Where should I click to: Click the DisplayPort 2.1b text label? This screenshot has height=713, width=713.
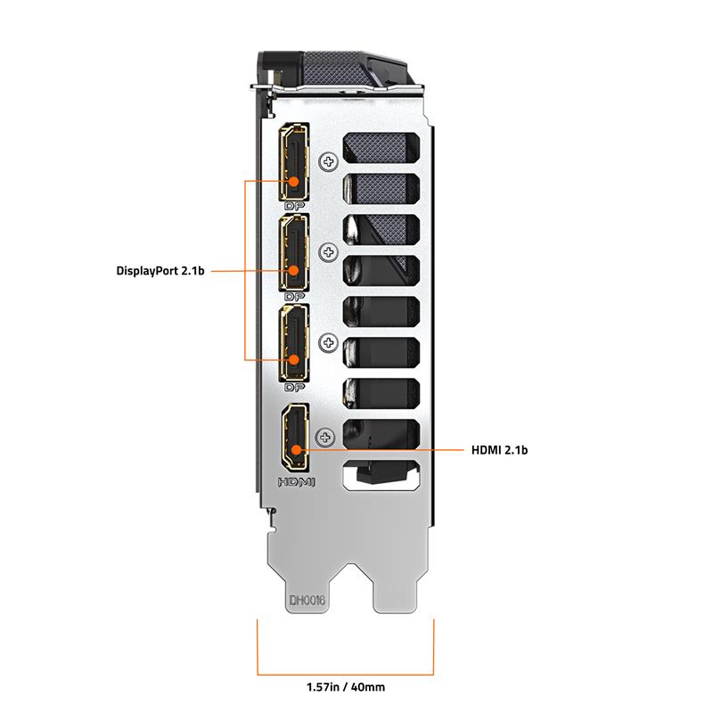(x=160, y=271)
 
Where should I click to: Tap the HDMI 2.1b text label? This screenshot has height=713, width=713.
(x=499, y=450)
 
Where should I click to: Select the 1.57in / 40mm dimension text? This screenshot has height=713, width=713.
(x=346, y=687)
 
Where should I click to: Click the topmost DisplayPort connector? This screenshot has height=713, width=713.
(x=294, y=162)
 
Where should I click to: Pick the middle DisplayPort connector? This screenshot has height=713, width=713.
(x=294, y=252)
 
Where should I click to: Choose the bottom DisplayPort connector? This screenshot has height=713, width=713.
(x=294, y=343)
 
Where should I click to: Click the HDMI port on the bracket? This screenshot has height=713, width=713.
(x=296, y=438)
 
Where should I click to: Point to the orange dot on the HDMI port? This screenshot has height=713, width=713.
(x=296, y=450)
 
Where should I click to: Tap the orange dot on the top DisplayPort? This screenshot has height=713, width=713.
(x=294, y=182)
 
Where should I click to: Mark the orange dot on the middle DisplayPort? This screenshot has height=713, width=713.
(x=294, y=271)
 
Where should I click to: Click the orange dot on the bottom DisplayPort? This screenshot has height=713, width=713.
(x=294, y=360)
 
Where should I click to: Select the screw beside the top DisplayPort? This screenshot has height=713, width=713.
(x=328, y=161)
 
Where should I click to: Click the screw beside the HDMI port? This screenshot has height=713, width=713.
(x=324, y=438)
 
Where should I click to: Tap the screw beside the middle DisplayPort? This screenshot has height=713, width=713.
(x=328, y=252)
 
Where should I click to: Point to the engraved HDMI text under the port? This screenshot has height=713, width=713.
(x=297, y=481)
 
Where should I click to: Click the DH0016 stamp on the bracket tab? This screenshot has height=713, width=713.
(x=307, y=600)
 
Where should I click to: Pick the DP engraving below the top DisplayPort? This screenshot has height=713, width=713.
(x=294, y=206)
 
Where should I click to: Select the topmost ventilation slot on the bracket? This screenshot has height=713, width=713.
(x=381, y=148)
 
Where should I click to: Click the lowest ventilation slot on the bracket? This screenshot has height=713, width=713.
(x=381, y=476)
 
